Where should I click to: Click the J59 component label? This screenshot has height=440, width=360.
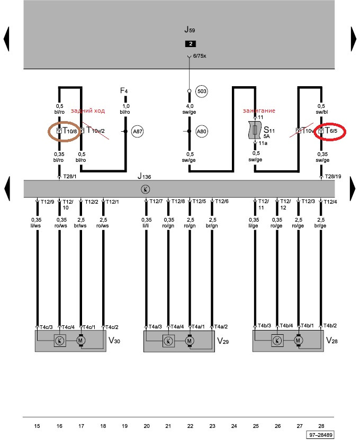coord(190,30)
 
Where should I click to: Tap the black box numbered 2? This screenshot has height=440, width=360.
coord(191,44)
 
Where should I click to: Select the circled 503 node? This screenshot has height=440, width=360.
coord(202,91)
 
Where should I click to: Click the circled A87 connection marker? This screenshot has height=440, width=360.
coord(137,131)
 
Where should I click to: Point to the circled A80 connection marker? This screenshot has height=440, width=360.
coord(201,131)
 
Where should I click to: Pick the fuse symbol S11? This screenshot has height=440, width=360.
coord(255,130)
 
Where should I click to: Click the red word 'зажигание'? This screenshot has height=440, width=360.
coord(259,111)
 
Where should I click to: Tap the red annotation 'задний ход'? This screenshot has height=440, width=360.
coord(88,111)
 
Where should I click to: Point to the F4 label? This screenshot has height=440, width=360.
coord(124,90)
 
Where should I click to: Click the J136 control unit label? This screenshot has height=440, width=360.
coord(144,176)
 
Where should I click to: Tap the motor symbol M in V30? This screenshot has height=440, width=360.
coord(80,341)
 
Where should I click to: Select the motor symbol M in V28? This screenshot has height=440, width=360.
coord(298,341)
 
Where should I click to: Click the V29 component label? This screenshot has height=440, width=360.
coord(223,341)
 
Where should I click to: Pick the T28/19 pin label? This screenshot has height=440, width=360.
coord(333,177)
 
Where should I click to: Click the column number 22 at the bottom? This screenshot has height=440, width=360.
coord(190,426)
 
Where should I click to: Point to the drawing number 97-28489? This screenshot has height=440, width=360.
coord(321,435)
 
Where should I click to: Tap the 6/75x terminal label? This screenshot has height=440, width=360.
coord(200,56)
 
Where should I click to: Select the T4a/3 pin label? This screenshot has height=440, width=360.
coord(155,327)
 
